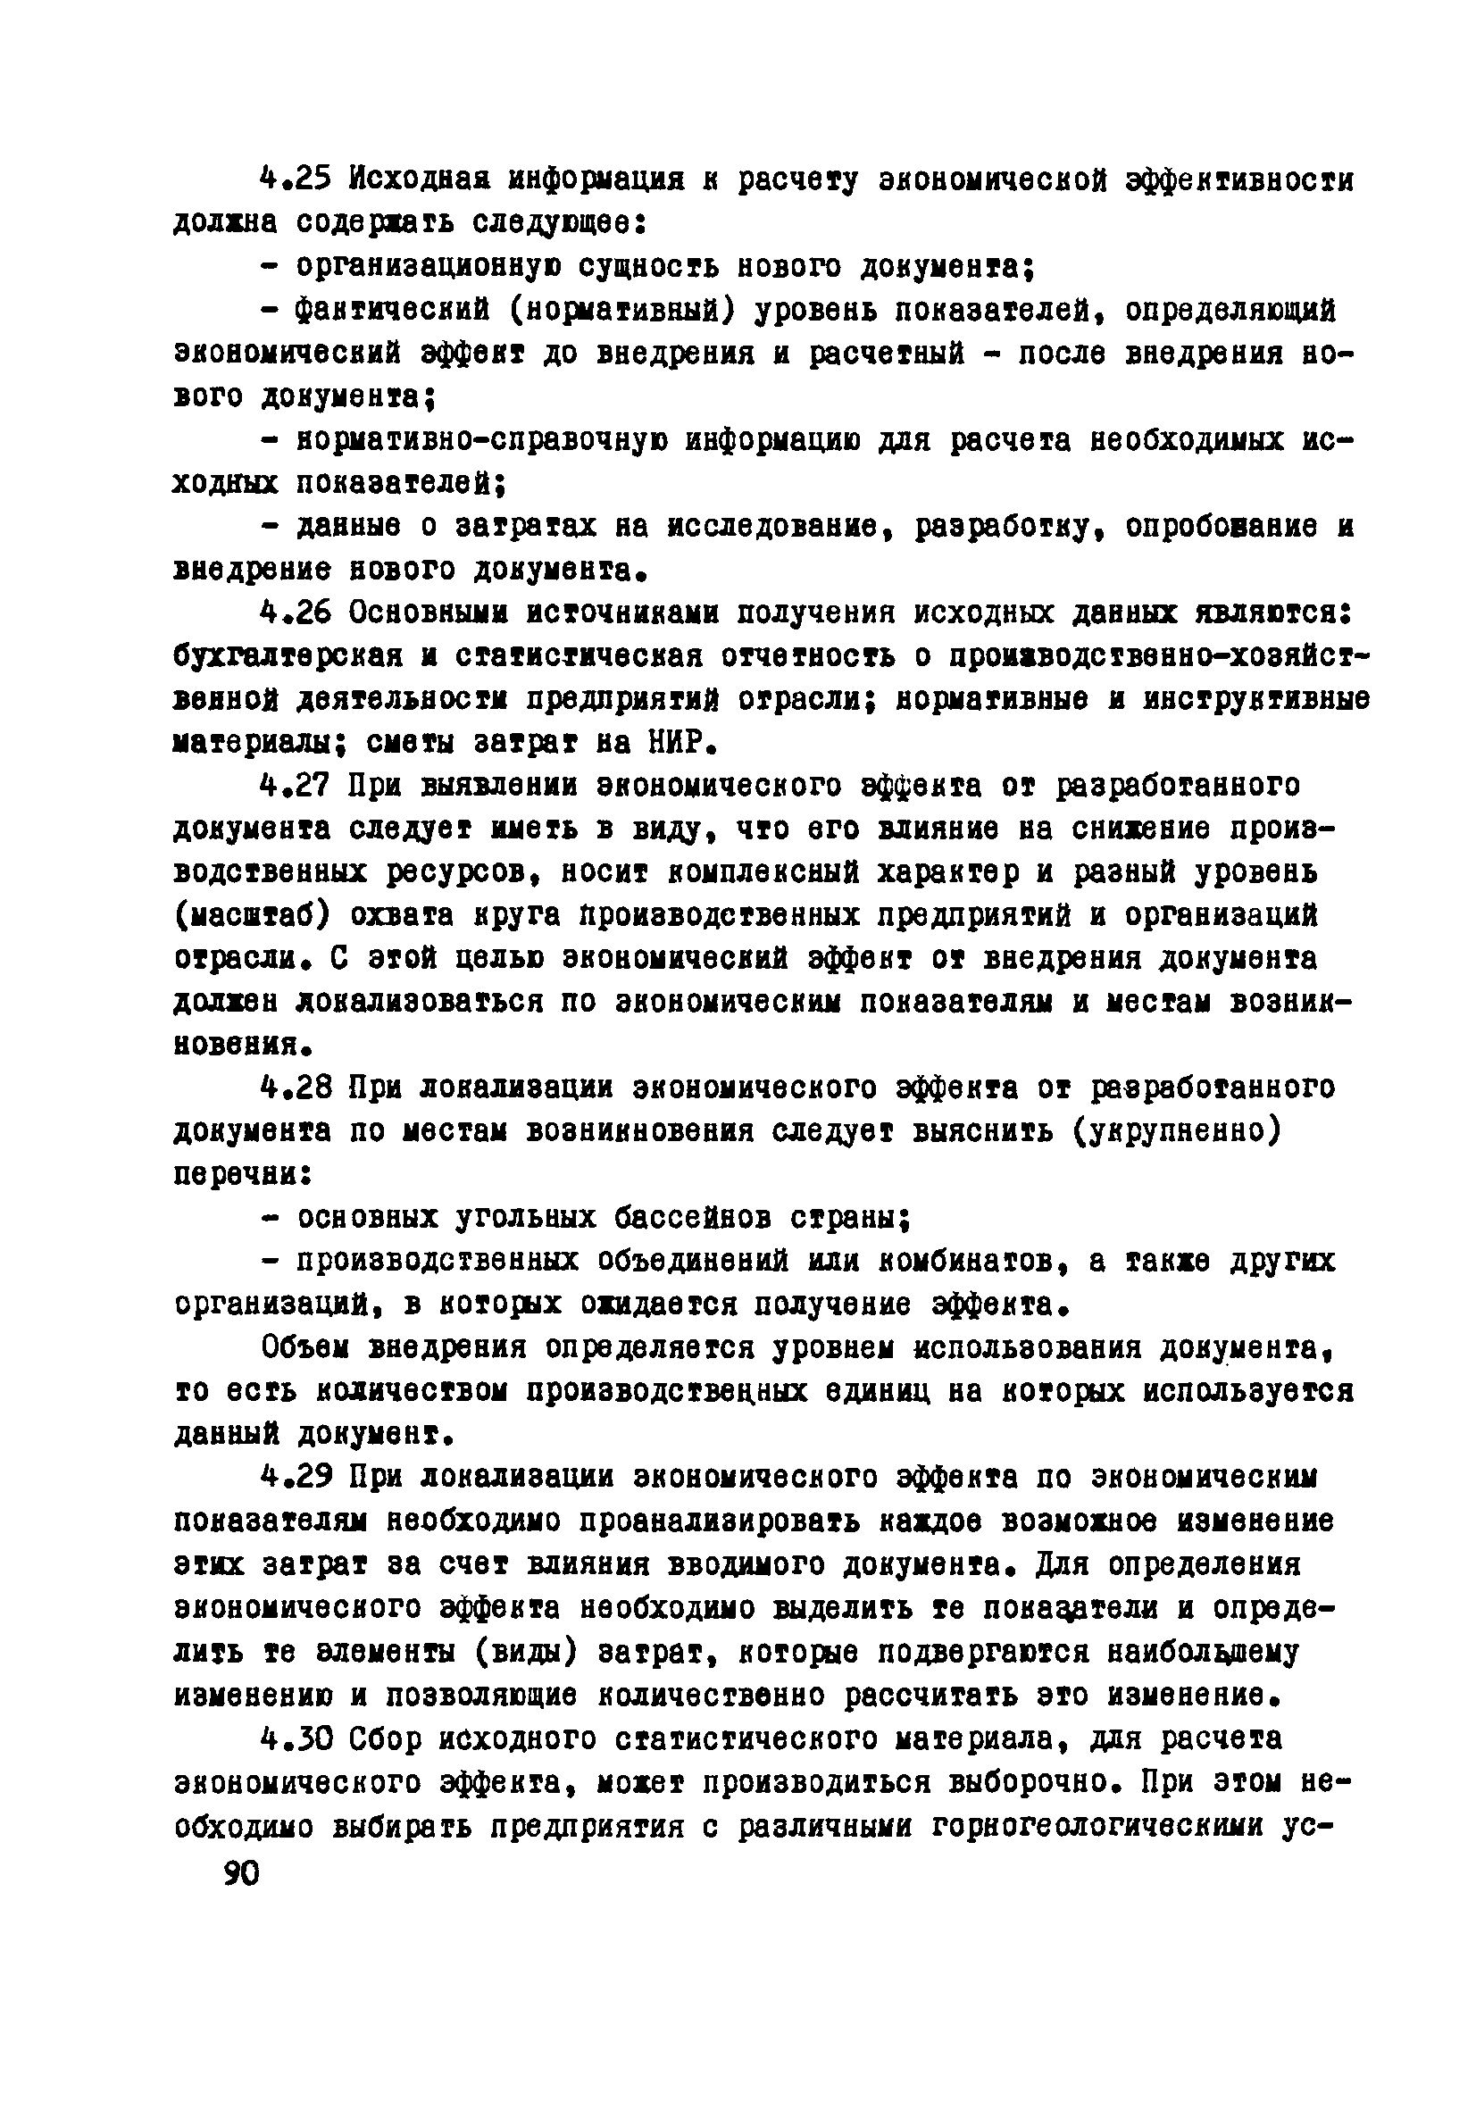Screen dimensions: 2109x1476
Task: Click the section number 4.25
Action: (294, 180)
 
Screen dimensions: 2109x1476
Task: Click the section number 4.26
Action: (294, 613)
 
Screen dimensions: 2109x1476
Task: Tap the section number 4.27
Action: (294, 787)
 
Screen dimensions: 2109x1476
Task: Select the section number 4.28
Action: (294, 1089)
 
